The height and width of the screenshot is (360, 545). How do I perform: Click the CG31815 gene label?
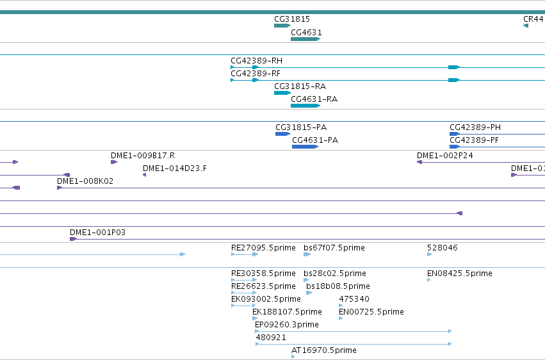tap(291, 19)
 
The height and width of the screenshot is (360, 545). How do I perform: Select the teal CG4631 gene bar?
tap(305, 39)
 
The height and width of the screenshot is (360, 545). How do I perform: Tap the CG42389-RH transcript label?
tap(257, 61)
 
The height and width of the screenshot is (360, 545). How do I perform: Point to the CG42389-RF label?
tap(256, 74)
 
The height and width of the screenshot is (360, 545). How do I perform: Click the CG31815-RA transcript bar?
tap(282, 93)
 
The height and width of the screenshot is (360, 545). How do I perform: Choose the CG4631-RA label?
tap(314, 99)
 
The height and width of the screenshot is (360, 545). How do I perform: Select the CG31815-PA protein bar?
tap(282, 134)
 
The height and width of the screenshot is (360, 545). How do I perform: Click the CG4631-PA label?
tap(315, 140)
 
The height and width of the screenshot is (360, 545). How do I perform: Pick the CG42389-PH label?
tap(475, 127)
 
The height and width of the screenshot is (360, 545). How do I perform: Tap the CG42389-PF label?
tap(474, 140)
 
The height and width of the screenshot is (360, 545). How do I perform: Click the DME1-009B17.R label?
tap(143, 156)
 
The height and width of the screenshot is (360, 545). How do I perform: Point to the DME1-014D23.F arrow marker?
tap(144, 175)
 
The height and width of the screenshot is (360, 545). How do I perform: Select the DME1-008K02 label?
tap(85, 181)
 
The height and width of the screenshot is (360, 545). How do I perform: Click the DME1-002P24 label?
tap(445, 156)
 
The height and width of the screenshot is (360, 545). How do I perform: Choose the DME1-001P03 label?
tap(98, 233)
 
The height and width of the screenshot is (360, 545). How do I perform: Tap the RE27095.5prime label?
tap(263, 248)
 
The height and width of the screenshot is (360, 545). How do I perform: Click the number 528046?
tap(443, 248)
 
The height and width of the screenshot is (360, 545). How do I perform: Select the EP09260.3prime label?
tap(287, 325)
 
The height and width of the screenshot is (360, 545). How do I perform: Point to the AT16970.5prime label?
tap(324, 350)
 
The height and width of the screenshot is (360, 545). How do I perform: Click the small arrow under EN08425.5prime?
tap(429, 280)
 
